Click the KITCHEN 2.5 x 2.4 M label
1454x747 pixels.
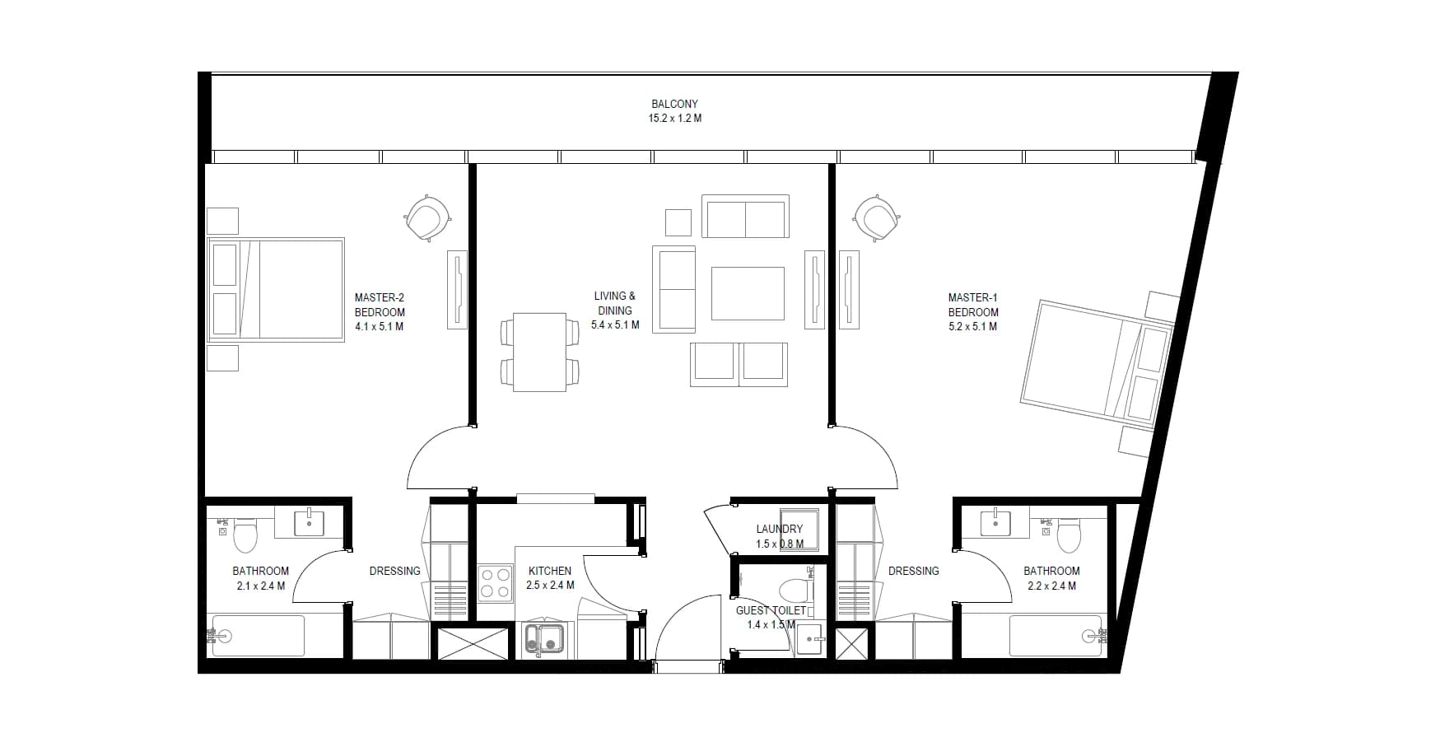[550, 578]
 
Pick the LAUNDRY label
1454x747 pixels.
[780, 529]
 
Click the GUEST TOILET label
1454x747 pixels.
[771, 610]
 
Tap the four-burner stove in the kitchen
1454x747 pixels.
[496, 582]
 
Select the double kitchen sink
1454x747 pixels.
[544, 640]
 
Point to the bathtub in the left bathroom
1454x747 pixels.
[258, 636]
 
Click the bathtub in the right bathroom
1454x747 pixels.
[1056, 636]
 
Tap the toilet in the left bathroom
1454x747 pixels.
[245, 535]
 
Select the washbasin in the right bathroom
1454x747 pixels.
[995, 522]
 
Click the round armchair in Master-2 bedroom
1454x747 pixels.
[427, 218]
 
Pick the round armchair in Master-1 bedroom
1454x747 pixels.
[877, 218]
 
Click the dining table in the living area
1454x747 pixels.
[539, 352]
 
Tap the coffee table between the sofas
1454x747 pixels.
[748, 293]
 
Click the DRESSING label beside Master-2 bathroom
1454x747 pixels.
[395, 571]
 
